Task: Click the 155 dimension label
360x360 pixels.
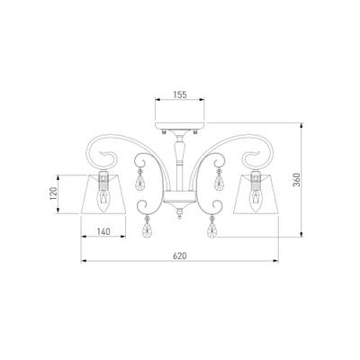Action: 180,94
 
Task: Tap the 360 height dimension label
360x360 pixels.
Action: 297,180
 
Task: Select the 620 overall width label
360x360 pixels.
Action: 180,256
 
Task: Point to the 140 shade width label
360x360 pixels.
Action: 103,231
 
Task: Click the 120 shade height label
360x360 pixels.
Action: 53,193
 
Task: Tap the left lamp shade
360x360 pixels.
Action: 103,194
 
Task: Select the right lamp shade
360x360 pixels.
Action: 256,194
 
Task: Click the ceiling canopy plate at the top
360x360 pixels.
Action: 180,126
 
